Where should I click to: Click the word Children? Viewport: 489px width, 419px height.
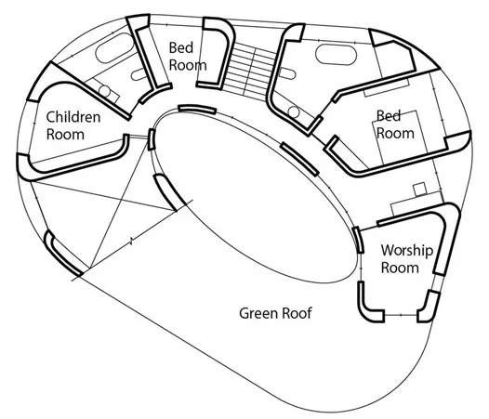pos(73,117)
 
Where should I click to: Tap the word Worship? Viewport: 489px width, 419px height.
pos(407,251)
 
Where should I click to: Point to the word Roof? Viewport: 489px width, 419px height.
pos(297,313)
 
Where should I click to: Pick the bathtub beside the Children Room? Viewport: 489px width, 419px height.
pos(114,47)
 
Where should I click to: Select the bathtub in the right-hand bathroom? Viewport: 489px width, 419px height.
pos(336,55)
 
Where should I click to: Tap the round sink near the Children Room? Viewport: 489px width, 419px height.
pos(104,90)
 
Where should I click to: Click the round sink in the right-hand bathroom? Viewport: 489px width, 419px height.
pos(294,111)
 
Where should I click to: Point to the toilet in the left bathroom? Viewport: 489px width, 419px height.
pos(139,74)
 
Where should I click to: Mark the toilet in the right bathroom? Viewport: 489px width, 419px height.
pos(287,73)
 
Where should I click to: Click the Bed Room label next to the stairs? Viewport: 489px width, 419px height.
pos(188,57)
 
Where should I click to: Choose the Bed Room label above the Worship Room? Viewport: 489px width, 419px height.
pos(395,124)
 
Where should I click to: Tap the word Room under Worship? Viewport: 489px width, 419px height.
pos(400,268)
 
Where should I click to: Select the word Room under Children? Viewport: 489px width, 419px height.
pos(65,135)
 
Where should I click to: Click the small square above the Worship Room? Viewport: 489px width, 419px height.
pos(420,190)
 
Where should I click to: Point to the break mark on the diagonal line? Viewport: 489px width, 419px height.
pos(131,241)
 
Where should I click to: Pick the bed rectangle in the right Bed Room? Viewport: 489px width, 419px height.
pos(399,137)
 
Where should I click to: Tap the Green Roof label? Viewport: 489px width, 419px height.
pos(275,313)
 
